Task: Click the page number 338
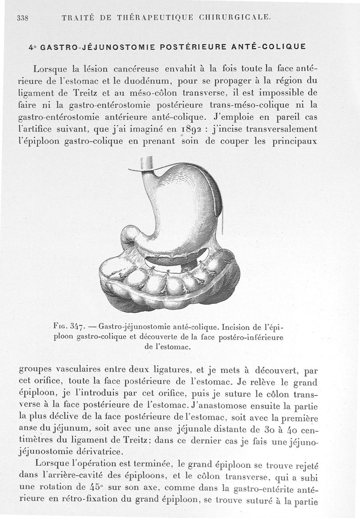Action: tap(22, 18)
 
